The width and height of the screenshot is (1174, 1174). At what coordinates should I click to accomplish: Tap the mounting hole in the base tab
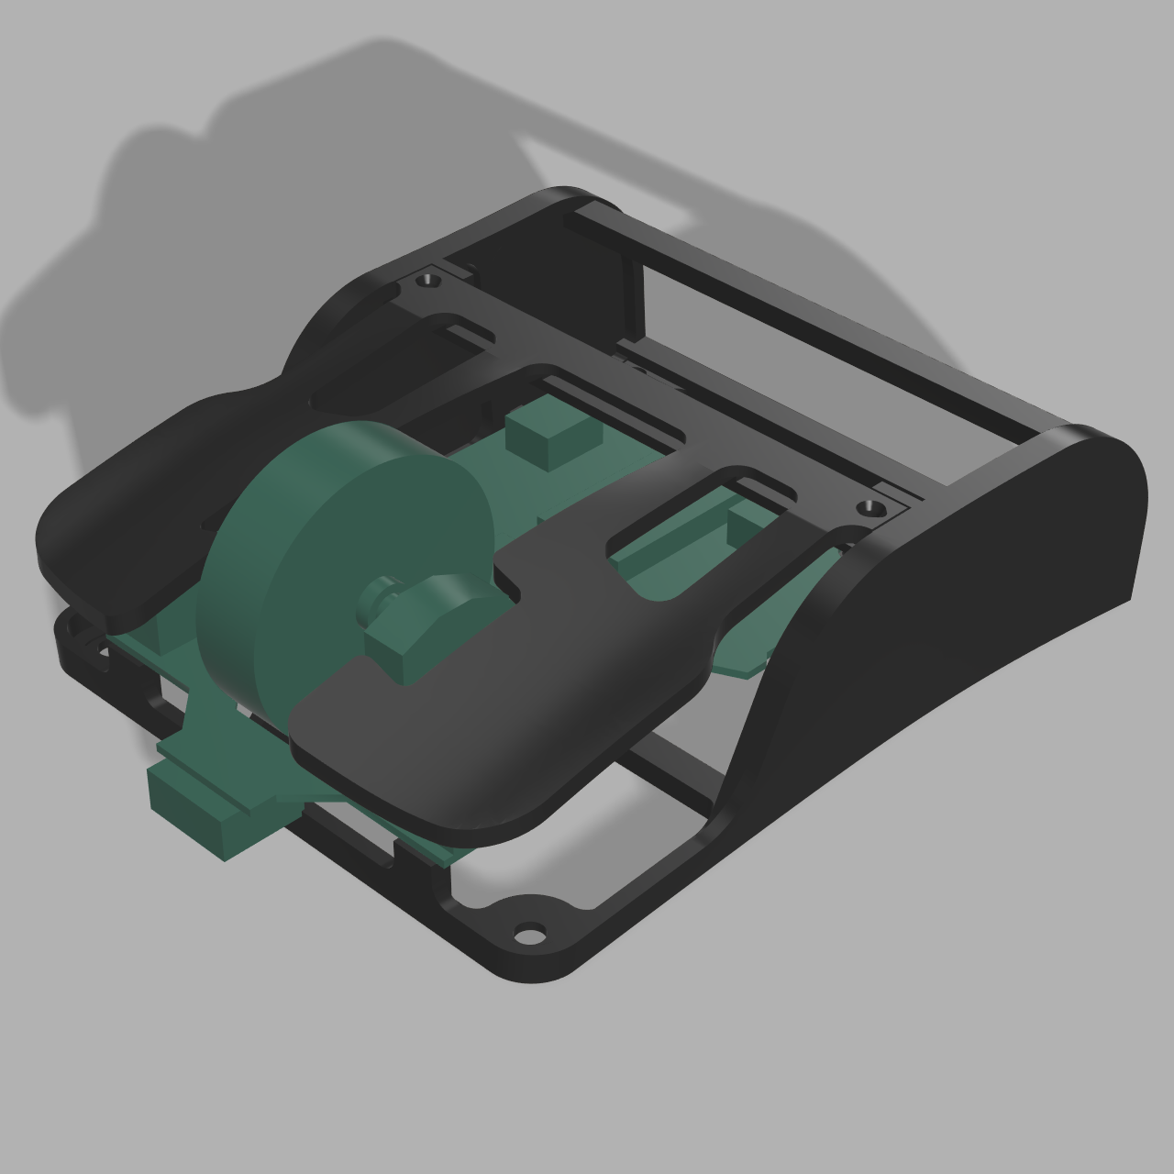529,935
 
